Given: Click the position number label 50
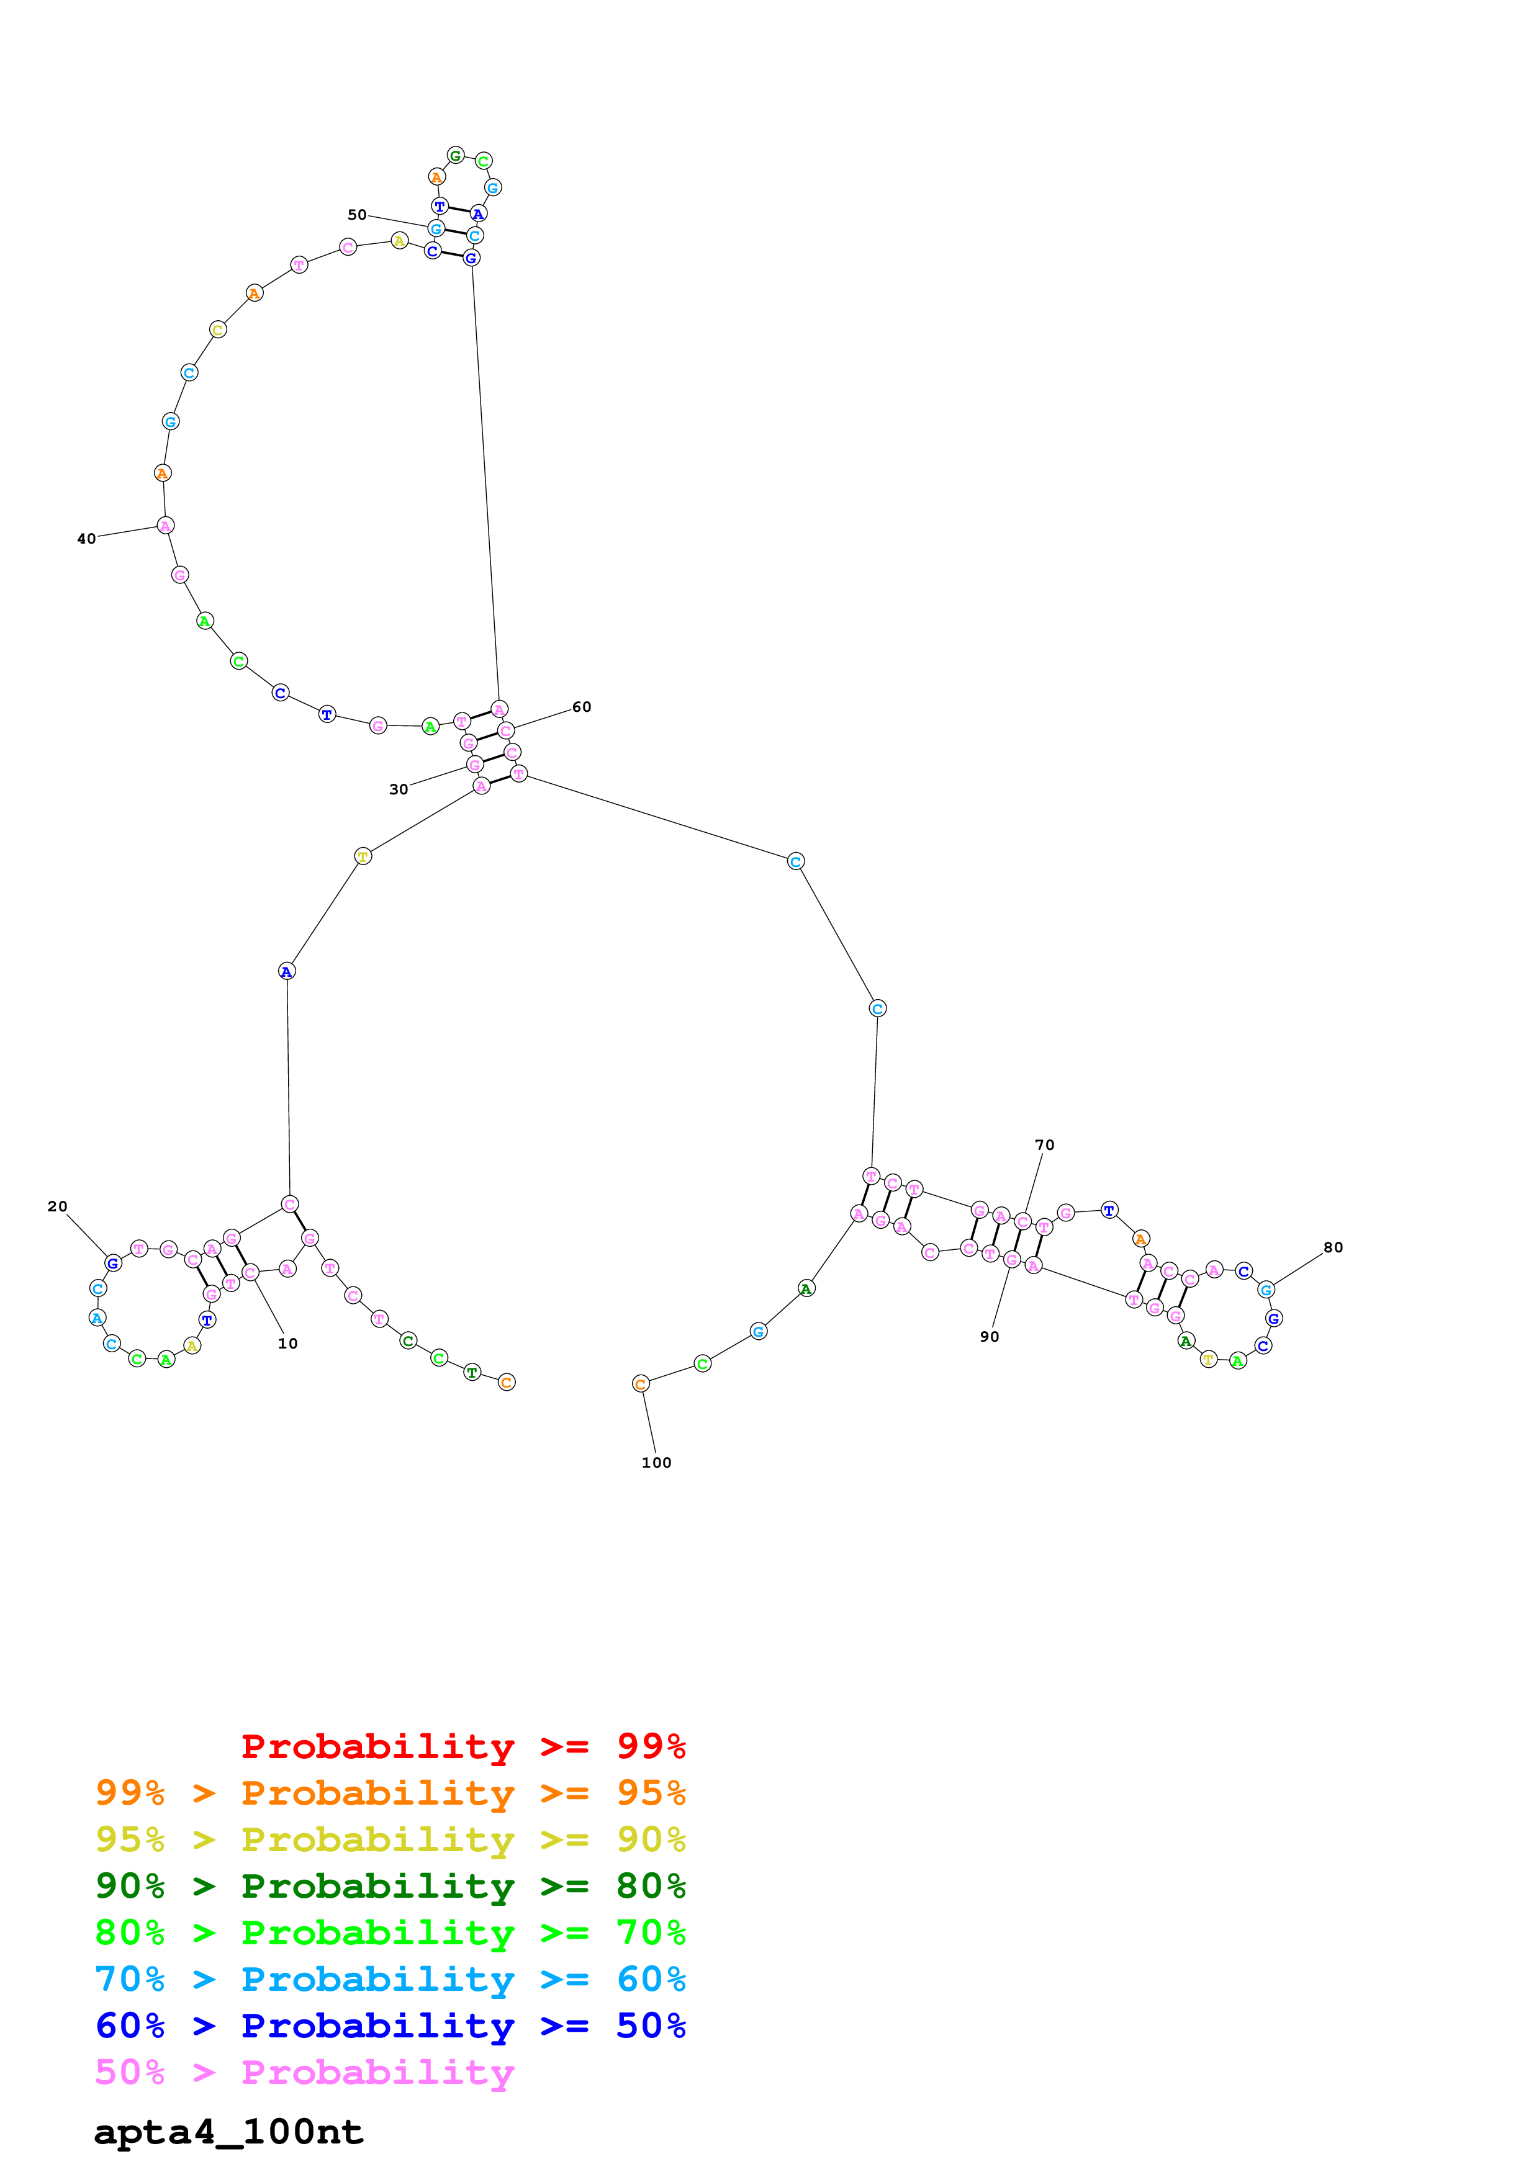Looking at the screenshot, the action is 356,215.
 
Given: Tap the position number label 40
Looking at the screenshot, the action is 86,539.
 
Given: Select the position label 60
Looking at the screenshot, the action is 581,707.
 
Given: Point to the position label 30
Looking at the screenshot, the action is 399,790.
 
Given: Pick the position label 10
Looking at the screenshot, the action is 287,1344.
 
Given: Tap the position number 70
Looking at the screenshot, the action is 1044,1146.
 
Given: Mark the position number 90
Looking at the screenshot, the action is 989,1337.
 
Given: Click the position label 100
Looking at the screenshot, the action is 656,1463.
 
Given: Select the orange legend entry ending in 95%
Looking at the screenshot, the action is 390,1793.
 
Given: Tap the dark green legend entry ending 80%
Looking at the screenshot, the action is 390,1886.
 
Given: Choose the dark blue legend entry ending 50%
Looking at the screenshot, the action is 390,2026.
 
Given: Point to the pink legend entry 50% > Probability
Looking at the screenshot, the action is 304,2073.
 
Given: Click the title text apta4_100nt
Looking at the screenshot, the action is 228,2132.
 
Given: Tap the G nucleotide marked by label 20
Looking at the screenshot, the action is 113,1263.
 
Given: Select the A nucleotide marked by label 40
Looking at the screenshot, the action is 165,525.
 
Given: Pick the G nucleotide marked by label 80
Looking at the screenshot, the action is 1265,1290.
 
